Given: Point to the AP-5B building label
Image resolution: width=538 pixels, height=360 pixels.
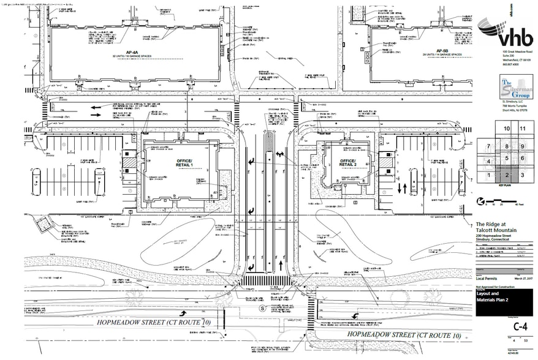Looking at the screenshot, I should pos(444,52).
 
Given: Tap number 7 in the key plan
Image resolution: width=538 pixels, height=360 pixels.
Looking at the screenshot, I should pos(488,147).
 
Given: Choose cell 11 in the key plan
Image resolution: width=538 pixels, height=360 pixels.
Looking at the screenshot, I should pos(522,129).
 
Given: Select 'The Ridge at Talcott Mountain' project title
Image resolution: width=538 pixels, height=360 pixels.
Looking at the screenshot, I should pos(498,227).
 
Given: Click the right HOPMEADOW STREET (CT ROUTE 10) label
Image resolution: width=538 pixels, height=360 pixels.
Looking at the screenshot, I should pos(404,336).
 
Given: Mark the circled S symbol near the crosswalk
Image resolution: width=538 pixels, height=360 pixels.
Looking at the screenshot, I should pos(262,309).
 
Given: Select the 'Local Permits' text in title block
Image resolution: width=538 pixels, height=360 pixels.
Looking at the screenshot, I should pos(488,278).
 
